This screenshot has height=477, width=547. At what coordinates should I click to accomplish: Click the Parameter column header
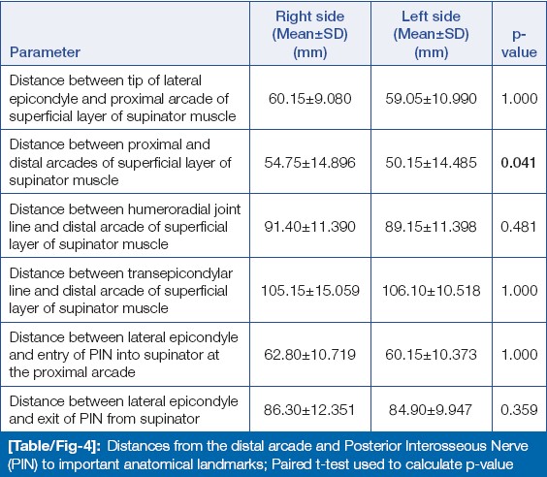click(x=45, y=52)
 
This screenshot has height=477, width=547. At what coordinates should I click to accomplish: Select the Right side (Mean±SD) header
click(x=309, y=34)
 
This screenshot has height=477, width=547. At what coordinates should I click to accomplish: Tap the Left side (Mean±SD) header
click(x=432, y=34)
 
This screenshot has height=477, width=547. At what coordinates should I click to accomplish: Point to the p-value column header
click(x=519, y=44)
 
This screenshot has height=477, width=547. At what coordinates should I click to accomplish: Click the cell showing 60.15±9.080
click(x=309, y=99)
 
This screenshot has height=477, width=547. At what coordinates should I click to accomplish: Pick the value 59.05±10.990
click(x=431, y=99)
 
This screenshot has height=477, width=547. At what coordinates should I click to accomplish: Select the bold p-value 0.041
click(x=519, y=163)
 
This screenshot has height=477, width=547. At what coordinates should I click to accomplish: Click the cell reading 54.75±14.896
click(x=309, y=163)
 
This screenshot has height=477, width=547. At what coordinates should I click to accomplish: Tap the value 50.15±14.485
click(x=431, y=163)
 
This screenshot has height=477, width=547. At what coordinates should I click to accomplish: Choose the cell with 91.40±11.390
click(x=309, y=227)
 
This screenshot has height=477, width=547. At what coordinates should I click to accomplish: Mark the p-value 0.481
click(x=519, y=227)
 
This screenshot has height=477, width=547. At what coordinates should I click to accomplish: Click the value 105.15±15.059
click(x=310, y=291)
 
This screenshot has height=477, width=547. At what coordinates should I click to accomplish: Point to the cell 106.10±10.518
click(x=432, y=291)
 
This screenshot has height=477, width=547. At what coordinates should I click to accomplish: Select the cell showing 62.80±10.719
click(x=309, y=355)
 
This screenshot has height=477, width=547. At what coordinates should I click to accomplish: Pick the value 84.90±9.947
click(x=431, y=410)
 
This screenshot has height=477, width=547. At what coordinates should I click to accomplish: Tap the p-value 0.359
click(x=519, y=410)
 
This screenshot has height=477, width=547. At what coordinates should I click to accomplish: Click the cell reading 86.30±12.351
click(x=309, y=410)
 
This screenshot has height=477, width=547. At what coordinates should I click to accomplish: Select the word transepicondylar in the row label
click(x=180, y=274)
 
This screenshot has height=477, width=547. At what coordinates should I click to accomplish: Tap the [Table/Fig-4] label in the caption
click(x=54, y=447)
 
